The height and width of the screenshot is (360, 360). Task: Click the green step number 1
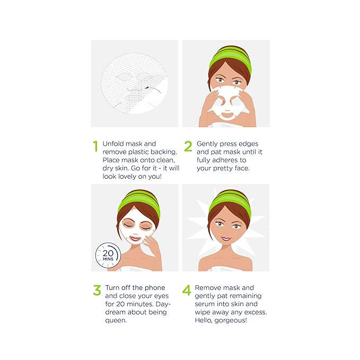coord(95,147)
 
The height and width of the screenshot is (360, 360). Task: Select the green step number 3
coord(96,291)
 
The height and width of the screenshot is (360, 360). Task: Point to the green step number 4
coord(187,291)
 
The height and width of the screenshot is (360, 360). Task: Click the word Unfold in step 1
coord(115,144)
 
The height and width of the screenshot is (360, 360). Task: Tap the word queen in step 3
coord(117,321)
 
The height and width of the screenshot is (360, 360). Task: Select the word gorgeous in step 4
coord(231,321)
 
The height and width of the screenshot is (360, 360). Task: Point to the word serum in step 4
coord(206,304)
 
